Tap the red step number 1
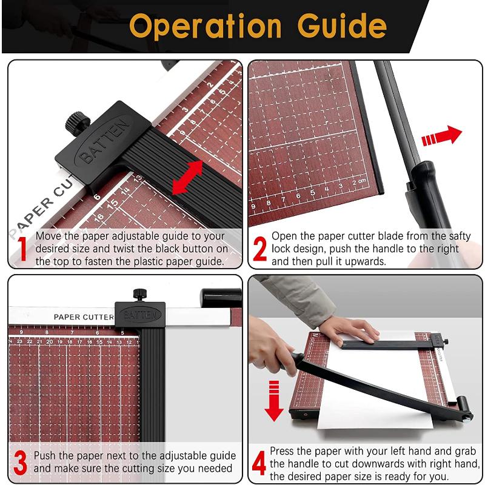coord(22,249)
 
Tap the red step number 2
coord(259,249)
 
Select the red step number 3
coord(20,462)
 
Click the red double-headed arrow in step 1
coord(187,178)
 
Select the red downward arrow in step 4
coord(274,400)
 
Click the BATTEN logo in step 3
coord(139,315)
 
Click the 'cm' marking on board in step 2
coord(362,181)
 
